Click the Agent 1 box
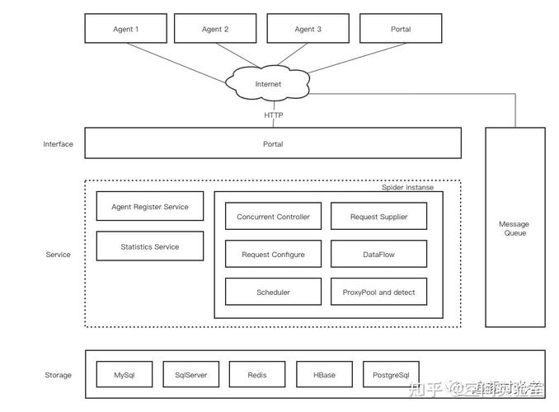[126, 29]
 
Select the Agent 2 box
[215, 29]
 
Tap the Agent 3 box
[308, 29]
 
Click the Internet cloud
[268, 84]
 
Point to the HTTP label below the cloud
[273, 115]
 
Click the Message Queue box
[514, 228]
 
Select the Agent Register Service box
[150, 207]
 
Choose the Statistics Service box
[150, 246]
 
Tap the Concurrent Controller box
[273, 217]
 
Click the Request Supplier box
[379, 217]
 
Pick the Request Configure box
[273, 255]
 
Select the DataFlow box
[379, 255]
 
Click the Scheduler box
[273, 292]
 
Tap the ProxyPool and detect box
[379, 292]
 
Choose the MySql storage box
[124, 375]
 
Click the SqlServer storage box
[190, 375]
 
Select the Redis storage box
[257, 375]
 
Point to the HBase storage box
[324, 375]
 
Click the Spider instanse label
[407, 187]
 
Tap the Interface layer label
[58, 144]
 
